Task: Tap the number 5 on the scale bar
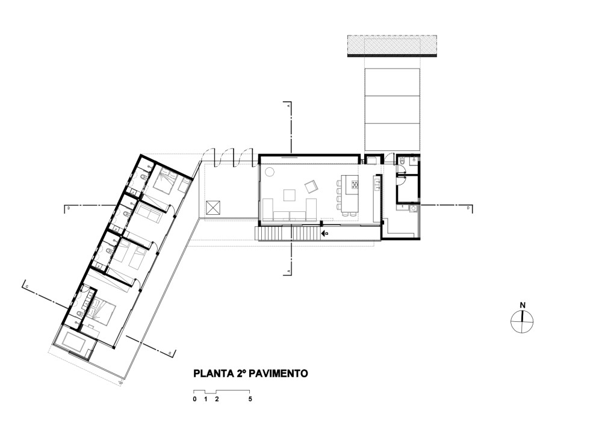coord(250,399)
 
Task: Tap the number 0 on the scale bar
coord(194,399)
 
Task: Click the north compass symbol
coord(522,321)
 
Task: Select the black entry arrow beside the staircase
coord(324,232)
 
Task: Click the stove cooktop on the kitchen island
coord(354,184)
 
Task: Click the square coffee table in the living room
coord(290,194)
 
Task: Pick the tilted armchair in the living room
coord(311,186)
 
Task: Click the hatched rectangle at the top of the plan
coord(392,46)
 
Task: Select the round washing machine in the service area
coord(413,209)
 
